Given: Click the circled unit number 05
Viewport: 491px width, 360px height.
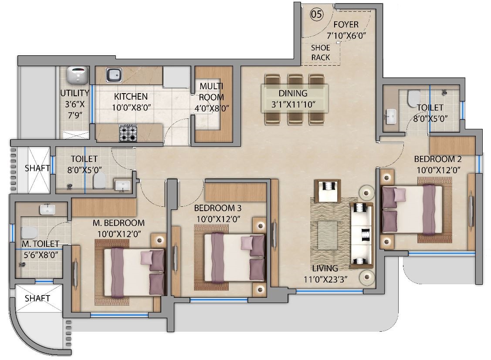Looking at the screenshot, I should point(317,14).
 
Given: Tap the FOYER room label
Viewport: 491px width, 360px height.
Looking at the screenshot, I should point(346,25).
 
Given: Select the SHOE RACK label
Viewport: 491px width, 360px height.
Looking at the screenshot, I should point(320,52).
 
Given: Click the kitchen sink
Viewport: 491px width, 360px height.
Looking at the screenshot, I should point(115,75).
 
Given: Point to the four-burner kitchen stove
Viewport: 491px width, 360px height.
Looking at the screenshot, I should point(129,133).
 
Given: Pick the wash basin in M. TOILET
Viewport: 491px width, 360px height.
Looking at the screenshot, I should point(47,209).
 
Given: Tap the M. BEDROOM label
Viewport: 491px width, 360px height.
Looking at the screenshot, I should point(119,223).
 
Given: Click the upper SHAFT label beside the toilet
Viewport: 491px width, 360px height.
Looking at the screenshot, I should point(37,168).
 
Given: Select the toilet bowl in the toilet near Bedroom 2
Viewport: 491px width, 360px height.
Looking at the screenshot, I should point(412,99).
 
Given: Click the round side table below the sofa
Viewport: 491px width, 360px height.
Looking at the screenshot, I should point(365,276).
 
